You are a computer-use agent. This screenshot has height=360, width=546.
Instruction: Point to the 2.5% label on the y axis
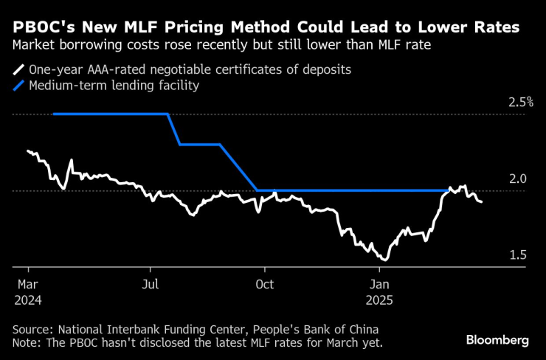[x=521, y=102]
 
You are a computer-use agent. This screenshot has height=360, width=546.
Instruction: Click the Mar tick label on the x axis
[x=28, y=285]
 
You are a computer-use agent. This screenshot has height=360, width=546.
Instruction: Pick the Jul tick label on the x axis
[x=150, y=285]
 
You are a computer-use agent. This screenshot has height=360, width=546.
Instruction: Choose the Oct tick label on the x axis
[x=264, y=285]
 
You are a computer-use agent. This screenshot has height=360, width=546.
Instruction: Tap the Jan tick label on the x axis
[x=379, y=285]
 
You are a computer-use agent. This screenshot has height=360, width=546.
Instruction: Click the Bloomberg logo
[x=497, y=340]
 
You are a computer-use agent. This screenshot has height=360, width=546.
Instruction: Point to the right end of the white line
[x=482, y=201]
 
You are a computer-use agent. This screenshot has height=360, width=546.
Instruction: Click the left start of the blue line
[x=54, y=114]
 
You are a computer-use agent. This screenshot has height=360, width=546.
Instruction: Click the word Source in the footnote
[x=31, y=329]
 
